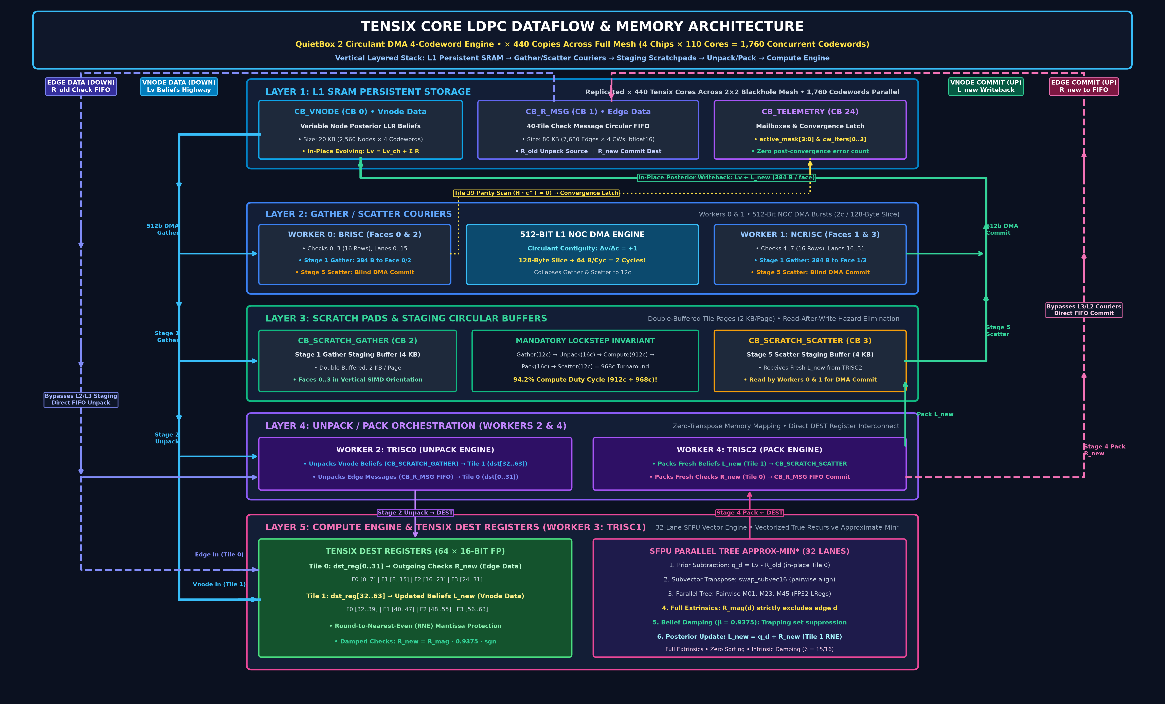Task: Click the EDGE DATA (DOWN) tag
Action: [81, 86]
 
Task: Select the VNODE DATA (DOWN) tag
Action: [179, 86]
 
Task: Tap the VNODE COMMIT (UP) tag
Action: [986, 86]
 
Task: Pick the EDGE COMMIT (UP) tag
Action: [1084, 86]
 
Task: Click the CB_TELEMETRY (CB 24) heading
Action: [810, 112]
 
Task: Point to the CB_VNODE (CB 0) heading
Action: [360, 112]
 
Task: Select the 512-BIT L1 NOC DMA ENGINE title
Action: [582, 234]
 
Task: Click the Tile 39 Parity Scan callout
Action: [536, 193]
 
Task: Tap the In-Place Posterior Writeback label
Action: [726, 178]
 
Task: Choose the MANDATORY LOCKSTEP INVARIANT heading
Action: [585, 340]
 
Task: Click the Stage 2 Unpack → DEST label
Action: [415, 512]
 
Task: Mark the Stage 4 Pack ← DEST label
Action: [749, 512]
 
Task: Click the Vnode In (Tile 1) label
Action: [219, 584]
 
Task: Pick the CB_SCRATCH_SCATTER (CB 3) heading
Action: [810, 340]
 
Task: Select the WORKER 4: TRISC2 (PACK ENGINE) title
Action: [749, 450]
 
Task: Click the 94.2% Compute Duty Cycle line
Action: [585, 380]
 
